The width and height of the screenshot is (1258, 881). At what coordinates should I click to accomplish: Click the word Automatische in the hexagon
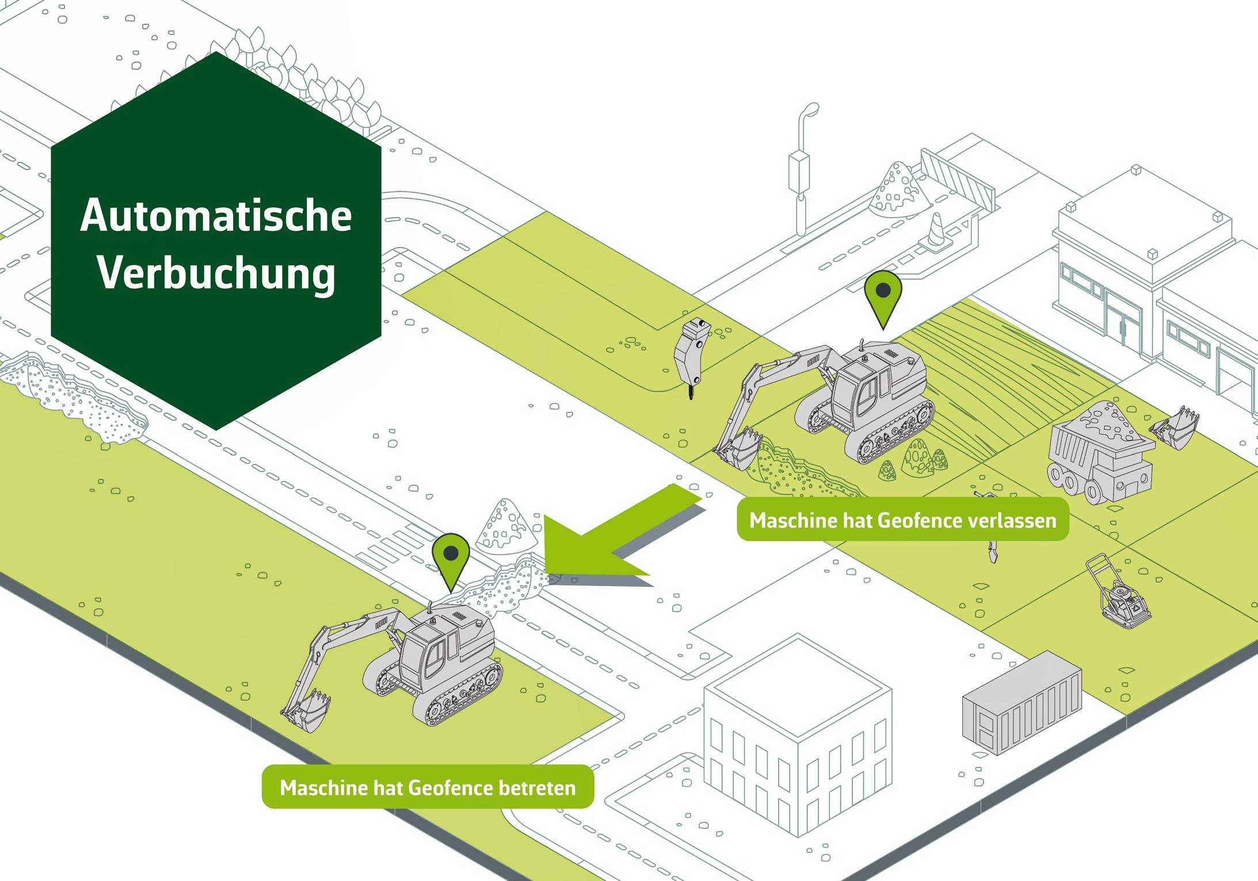(216, 216)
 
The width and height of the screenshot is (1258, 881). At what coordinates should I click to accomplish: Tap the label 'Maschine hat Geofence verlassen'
(902, 520)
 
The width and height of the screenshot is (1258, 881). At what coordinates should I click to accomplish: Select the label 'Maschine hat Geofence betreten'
(428, 787)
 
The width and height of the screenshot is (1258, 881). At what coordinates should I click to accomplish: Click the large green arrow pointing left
(610, 536)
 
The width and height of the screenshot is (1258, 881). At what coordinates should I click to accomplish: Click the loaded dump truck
(1099, 455)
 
